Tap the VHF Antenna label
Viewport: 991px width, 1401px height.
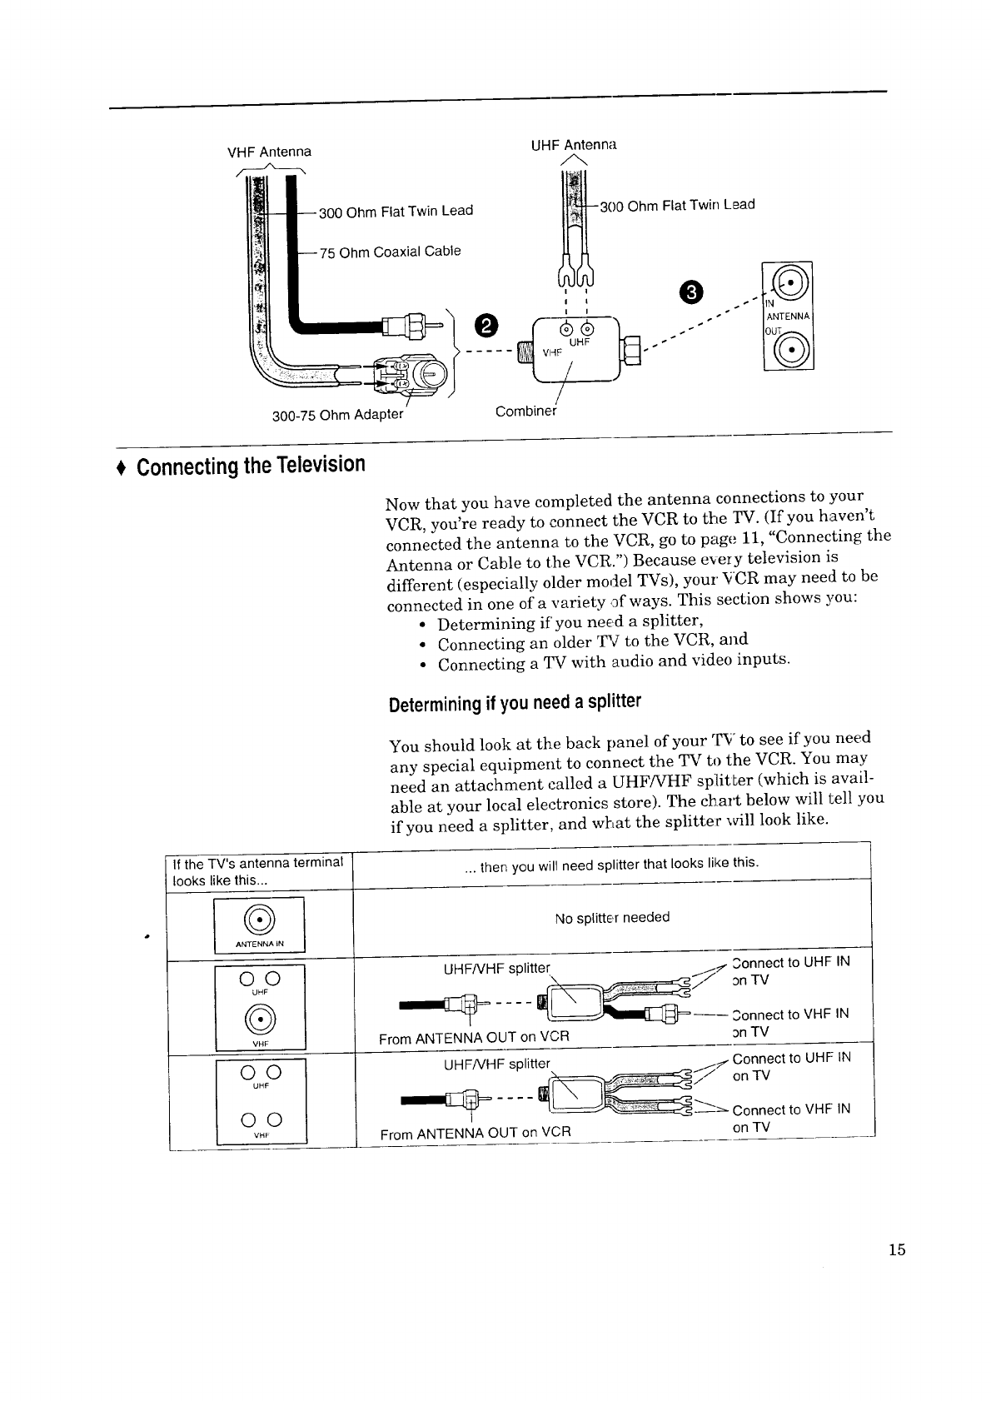pos(269,152)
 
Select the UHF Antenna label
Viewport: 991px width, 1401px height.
pos(574,144)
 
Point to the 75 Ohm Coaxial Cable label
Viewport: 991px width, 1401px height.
pos(390,252)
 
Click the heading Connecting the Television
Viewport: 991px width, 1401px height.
pos(250,465)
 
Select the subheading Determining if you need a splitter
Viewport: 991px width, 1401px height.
pos(515,702)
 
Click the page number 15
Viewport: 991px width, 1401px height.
pos(896,1249)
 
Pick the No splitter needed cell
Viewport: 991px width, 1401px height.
pos(611,918)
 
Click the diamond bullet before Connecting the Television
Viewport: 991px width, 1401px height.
pos(122,467)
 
